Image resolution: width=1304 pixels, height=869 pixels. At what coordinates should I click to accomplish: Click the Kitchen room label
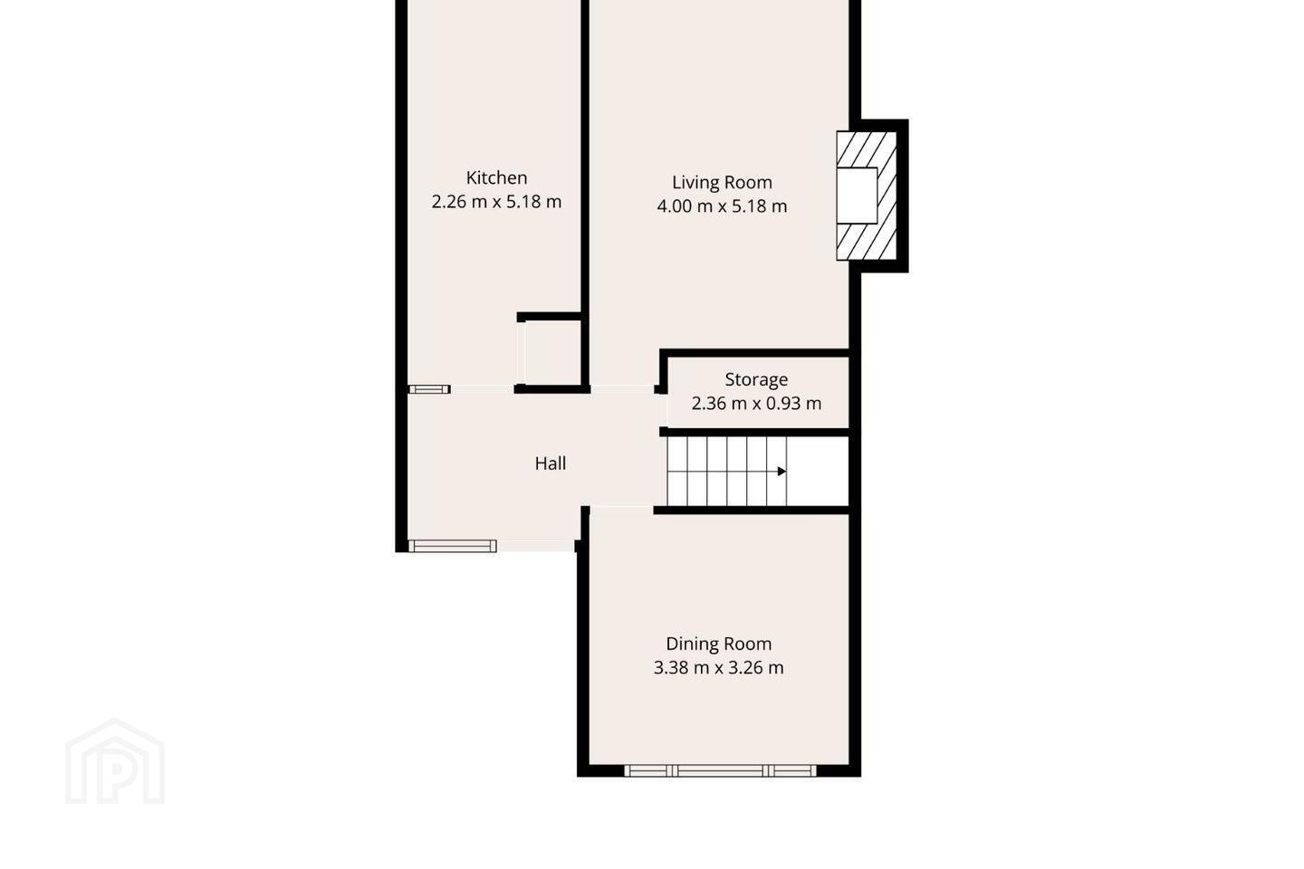click(496, 177)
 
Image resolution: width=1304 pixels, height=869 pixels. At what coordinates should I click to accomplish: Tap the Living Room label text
click(722, 182)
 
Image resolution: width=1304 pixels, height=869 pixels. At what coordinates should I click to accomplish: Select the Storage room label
click(756, 379)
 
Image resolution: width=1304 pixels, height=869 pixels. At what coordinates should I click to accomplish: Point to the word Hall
click(551, 463)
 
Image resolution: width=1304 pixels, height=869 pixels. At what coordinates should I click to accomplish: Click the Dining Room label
click(718, 644)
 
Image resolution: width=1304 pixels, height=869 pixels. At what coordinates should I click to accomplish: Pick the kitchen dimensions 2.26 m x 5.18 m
click(496, 202)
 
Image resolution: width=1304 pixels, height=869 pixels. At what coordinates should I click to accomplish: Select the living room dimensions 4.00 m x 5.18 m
click(722, 206)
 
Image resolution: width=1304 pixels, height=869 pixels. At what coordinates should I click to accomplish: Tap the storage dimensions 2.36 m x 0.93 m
click(756, 404)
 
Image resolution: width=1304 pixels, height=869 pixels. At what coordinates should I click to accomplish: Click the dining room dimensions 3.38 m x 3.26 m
click(718, 668)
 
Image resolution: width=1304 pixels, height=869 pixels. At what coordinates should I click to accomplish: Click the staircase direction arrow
click(781, 471)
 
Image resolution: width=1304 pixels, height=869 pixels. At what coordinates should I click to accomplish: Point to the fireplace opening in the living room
click(857, 196)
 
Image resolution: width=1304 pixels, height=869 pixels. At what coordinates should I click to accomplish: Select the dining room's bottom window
click(720, 770)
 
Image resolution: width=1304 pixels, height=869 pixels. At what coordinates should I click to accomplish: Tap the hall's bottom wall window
click(453, 546)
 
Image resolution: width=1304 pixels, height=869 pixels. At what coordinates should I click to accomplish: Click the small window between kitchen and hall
click(429, 389)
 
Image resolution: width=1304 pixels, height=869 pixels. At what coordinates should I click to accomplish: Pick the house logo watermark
click(115, 761)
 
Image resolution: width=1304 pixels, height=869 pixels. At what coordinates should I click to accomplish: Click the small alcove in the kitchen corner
click(550, 353)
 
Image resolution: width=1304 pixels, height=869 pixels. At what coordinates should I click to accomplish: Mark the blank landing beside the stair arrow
click(818, 471)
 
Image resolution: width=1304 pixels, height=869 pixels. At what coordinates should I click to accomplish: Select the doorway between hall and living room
click(622, 389)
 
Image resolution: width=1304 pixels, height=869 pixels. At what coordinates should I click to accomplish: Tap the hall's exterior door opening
click(535, 546)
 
